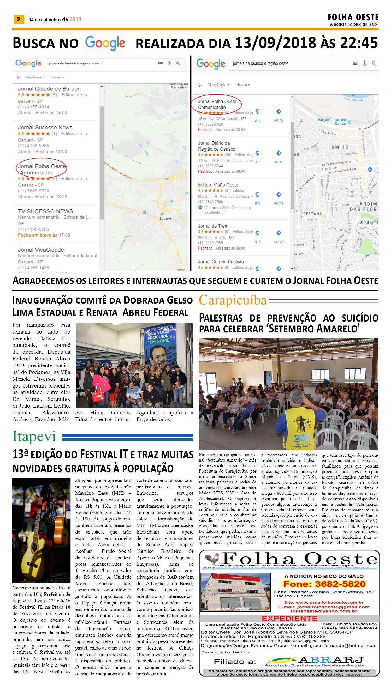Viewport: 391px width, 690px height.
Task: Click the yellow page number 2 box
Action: (19, 19)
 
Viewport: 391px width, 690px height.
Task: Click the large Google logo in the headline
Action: (105, 43)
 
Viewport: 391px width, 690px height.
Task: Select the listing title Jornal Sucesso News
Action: (45, 128)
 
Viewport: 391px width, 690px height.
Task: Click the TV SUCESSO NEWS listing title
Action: (45, 211)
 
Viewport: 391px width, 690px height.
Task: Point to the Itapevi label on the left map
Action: (165, 218)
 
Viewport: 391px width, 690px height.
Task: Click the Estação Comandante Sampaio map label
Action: (333, 122)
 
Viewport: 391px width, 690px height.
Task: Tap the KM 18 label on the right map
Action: (339, 147)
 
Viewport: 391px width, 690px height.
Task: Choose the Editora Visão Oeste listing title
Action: (218, 185)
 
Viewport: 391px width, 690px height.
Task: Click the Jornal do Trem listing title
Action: (213, 226)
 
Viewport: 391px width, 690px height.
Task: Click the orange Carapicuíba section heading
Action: (233, 300)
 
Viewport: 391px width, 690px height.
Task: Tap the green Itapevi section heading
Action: (34, 437)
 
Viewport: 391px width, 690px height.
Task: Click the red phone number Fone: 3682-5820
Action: (324, 584)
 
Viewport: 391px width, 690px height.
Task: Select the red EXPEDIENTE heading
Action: (289, 618)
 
